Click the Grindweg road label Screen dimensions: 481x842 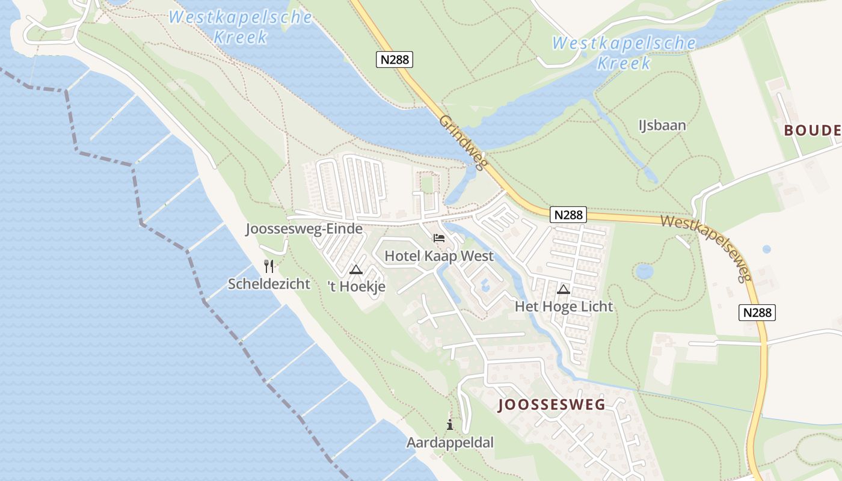click(x=462, y=143)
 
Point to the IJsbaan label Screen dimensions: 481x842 click(x=662, y=126)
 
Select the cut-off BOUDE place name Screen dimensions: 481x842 click(x=812, y=130)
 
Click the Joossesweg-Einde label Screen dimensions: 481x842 click(x=304, y=229)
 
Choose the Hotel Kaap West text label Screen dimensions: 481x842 click(x=439, y=256)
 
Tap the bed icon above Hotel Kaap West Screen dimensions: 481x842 click(x=439, y=239)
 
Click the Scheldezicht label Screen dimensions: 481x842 click(x=269, y=284)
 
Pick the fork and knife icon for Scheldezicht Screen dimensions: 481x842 click(x=269, y=266)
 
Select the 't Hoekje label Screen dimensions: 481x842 click(x=356, y=287)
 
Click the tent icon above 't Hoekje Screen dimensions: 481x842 click(x=356, y=269)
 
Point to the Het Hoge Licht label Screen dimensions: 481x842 click(x=564, y=307)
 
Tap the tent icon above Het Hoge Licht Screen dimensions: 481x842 click(x=564, y=289)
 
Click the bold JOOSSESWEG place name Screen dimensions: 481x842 click(x=552, y=405)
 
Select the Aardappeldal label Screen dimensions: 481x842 click(x=450, y=443)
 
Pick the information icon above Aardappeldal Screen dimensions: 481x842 click(x=450, y=425)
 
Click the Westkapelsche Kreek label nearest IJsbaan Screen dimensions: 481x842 click(x=624, y=53)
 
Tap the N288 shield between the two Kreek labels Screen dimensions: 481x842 click(x=395, y=60)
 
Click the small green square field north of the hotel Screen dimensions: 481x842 click(x=427, y=183)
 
